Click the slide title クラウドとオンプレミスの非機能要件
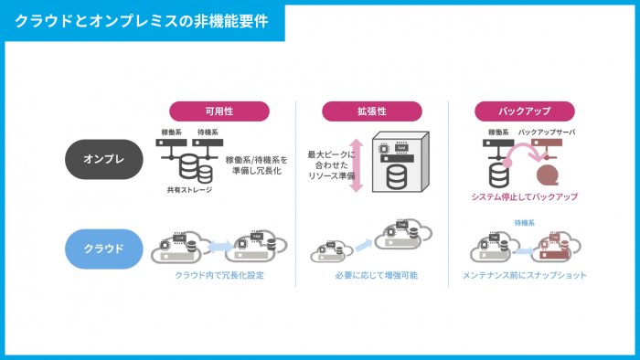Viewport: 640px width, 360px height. click(x=142, y=20)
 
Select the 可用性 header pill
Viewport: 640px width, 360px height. click(x=219, y=111)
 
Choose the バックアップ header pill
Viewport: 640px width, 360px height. click(x=524, y=111)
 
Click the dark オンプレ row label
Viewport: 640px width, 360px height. click(x=105, y=159)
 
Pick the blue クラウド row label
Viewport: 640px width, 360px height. click(x=105, y=247)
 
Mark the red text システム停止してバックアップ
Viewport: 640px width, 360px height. click(x=524, y=196)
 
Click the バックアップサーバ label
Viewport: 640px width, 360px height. click(x=547, y=132)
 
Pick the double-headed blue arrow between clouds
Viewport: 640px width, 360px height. click(x=219, y=246)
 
